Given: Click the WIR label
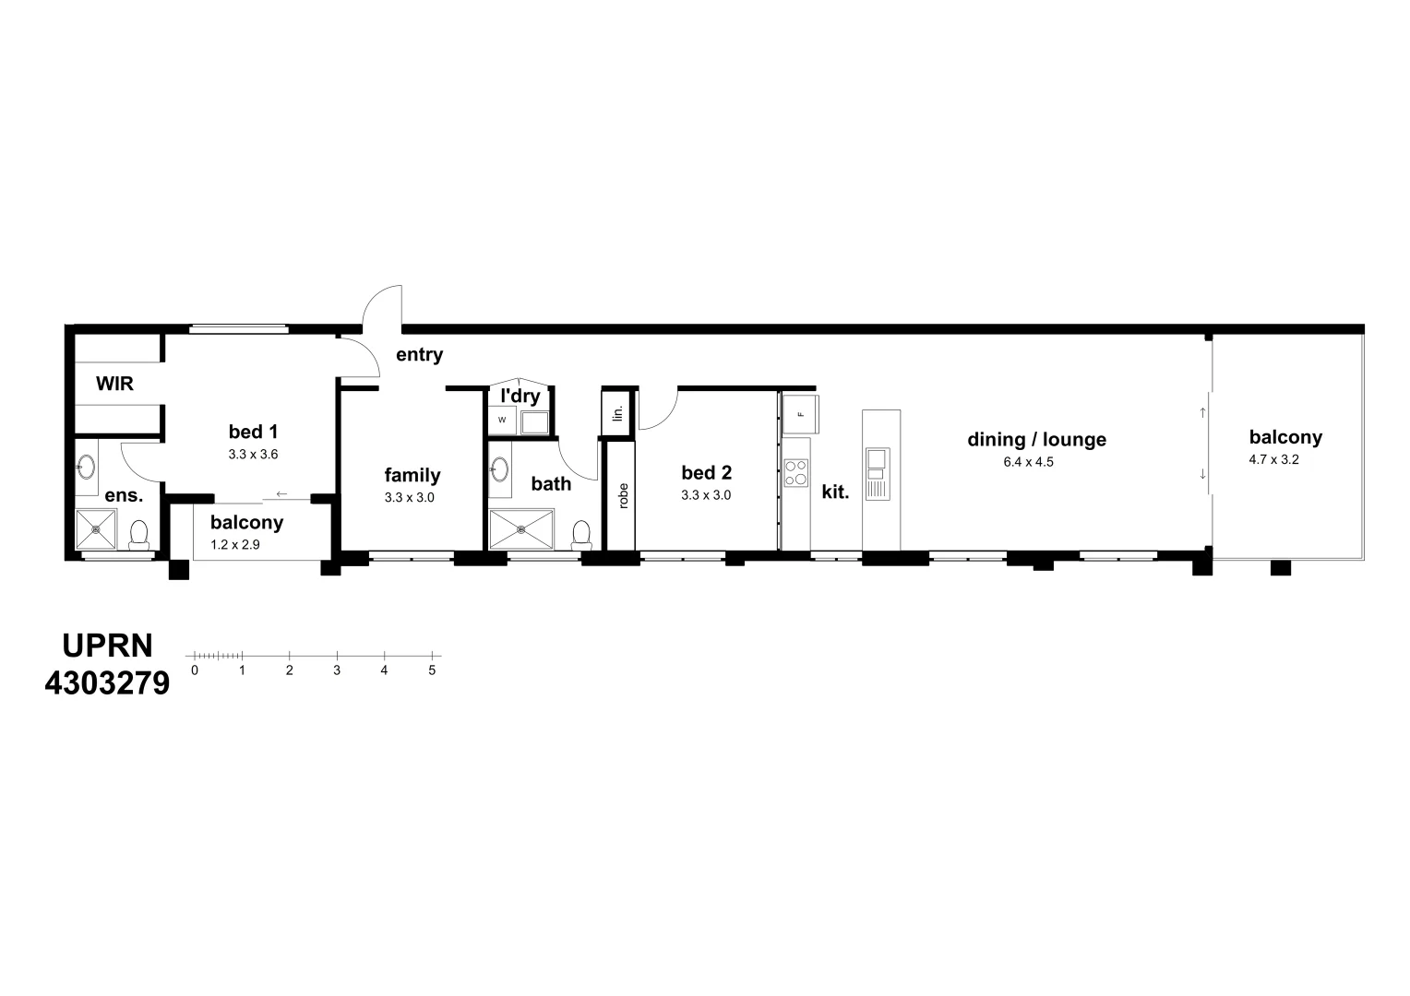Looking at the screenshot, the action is point(114,384).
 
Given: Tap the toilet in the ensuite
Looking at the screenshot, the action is point(139,536).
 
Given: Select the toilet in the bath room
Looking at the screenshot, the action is point(581,535).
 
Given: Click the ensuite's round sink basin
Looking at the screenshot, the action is point(85,468).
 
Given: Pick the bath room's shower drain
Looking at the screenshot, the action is point(522,529).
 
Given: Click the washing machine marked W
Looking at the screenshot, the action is point(502,420).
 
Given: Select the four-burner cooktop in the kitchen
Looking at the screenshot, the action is point(795,473).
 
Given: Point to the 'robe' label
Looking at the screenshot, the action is point(623,496).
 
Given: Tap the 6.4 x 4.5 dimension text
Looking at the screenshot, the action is point(1028,462).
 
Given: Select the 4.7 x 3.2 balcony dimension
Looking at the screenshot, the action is point(1273,459).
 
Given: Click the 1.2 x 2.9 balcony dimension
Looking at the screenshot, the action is point(235,544).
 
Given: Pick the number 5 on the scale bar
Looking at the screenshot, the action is point(432,670).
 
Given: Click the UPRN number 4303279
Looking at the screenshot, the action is point(107,683).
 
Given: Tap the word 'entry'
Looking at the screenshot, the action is point(419,355).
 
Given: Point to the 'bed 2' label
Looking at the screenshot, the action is point(706,473).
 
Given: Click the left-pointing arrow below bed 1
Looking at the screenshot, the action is point(281,493).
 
